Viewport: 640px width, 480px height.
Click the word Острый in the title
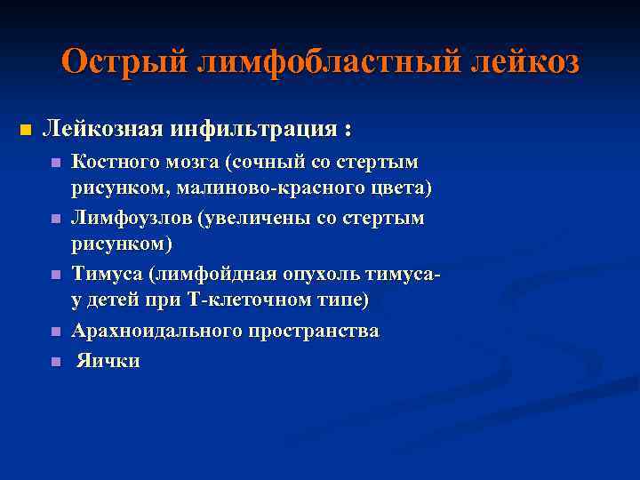coord(120,61)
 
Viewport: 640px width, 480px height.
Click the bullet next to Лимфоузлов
coord(55,219)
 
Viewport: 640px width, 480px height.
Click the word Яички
coord(108,361)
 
